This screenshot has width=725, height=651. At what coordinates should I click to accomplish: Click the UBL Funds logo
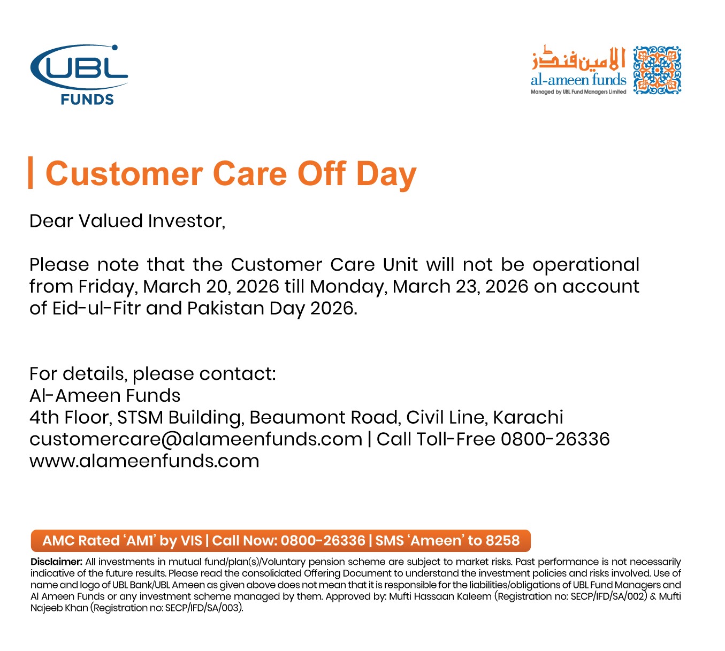tap(79, 74)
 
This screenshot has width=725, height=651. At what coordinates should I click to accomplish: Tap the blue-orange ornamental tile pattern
tap(657, 70)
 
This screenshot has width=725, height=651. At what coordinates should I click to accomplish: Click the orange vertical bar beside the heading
tap(30, 172)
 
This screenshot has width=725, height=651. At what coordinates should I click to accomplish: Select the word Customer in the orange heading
tap(124, 174)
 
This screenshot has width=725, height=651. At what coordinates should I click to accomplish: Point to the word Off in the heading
tap(322, 173)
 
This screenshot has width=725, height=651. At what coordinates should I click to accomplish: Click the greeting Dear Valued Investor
tap(127, 221)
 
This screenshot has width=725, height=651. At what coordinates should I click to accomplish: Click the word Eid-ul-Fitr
tap(96, 308)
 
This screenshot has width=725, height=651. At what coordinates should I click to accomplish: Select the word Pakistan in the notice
tap(225, 308)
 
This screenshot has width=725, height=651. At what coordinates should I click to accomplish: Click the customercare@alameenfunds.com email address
tap(196, 439)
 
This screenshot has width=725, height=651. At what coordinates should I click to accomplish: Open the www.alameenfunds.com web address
tap(144, 461)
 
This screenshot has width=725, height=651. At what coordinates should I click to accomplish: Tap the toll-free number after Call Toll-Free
tap(555, 439)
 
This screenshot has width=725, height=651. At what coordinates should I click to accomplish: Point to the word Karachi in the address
tap(528, 417)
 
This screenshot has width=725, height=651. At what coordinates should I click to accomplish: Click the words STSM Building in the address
tap(181, 418)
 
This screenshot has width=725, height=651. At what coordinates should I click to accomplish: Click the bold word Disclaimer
tap(57, 562)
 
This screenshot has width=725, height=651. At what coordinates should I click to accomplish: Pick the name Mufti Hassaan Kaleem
tap(440, 596)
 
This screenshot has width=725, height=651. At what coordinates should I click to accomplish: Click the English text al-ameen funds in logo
tap(578, 80)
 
